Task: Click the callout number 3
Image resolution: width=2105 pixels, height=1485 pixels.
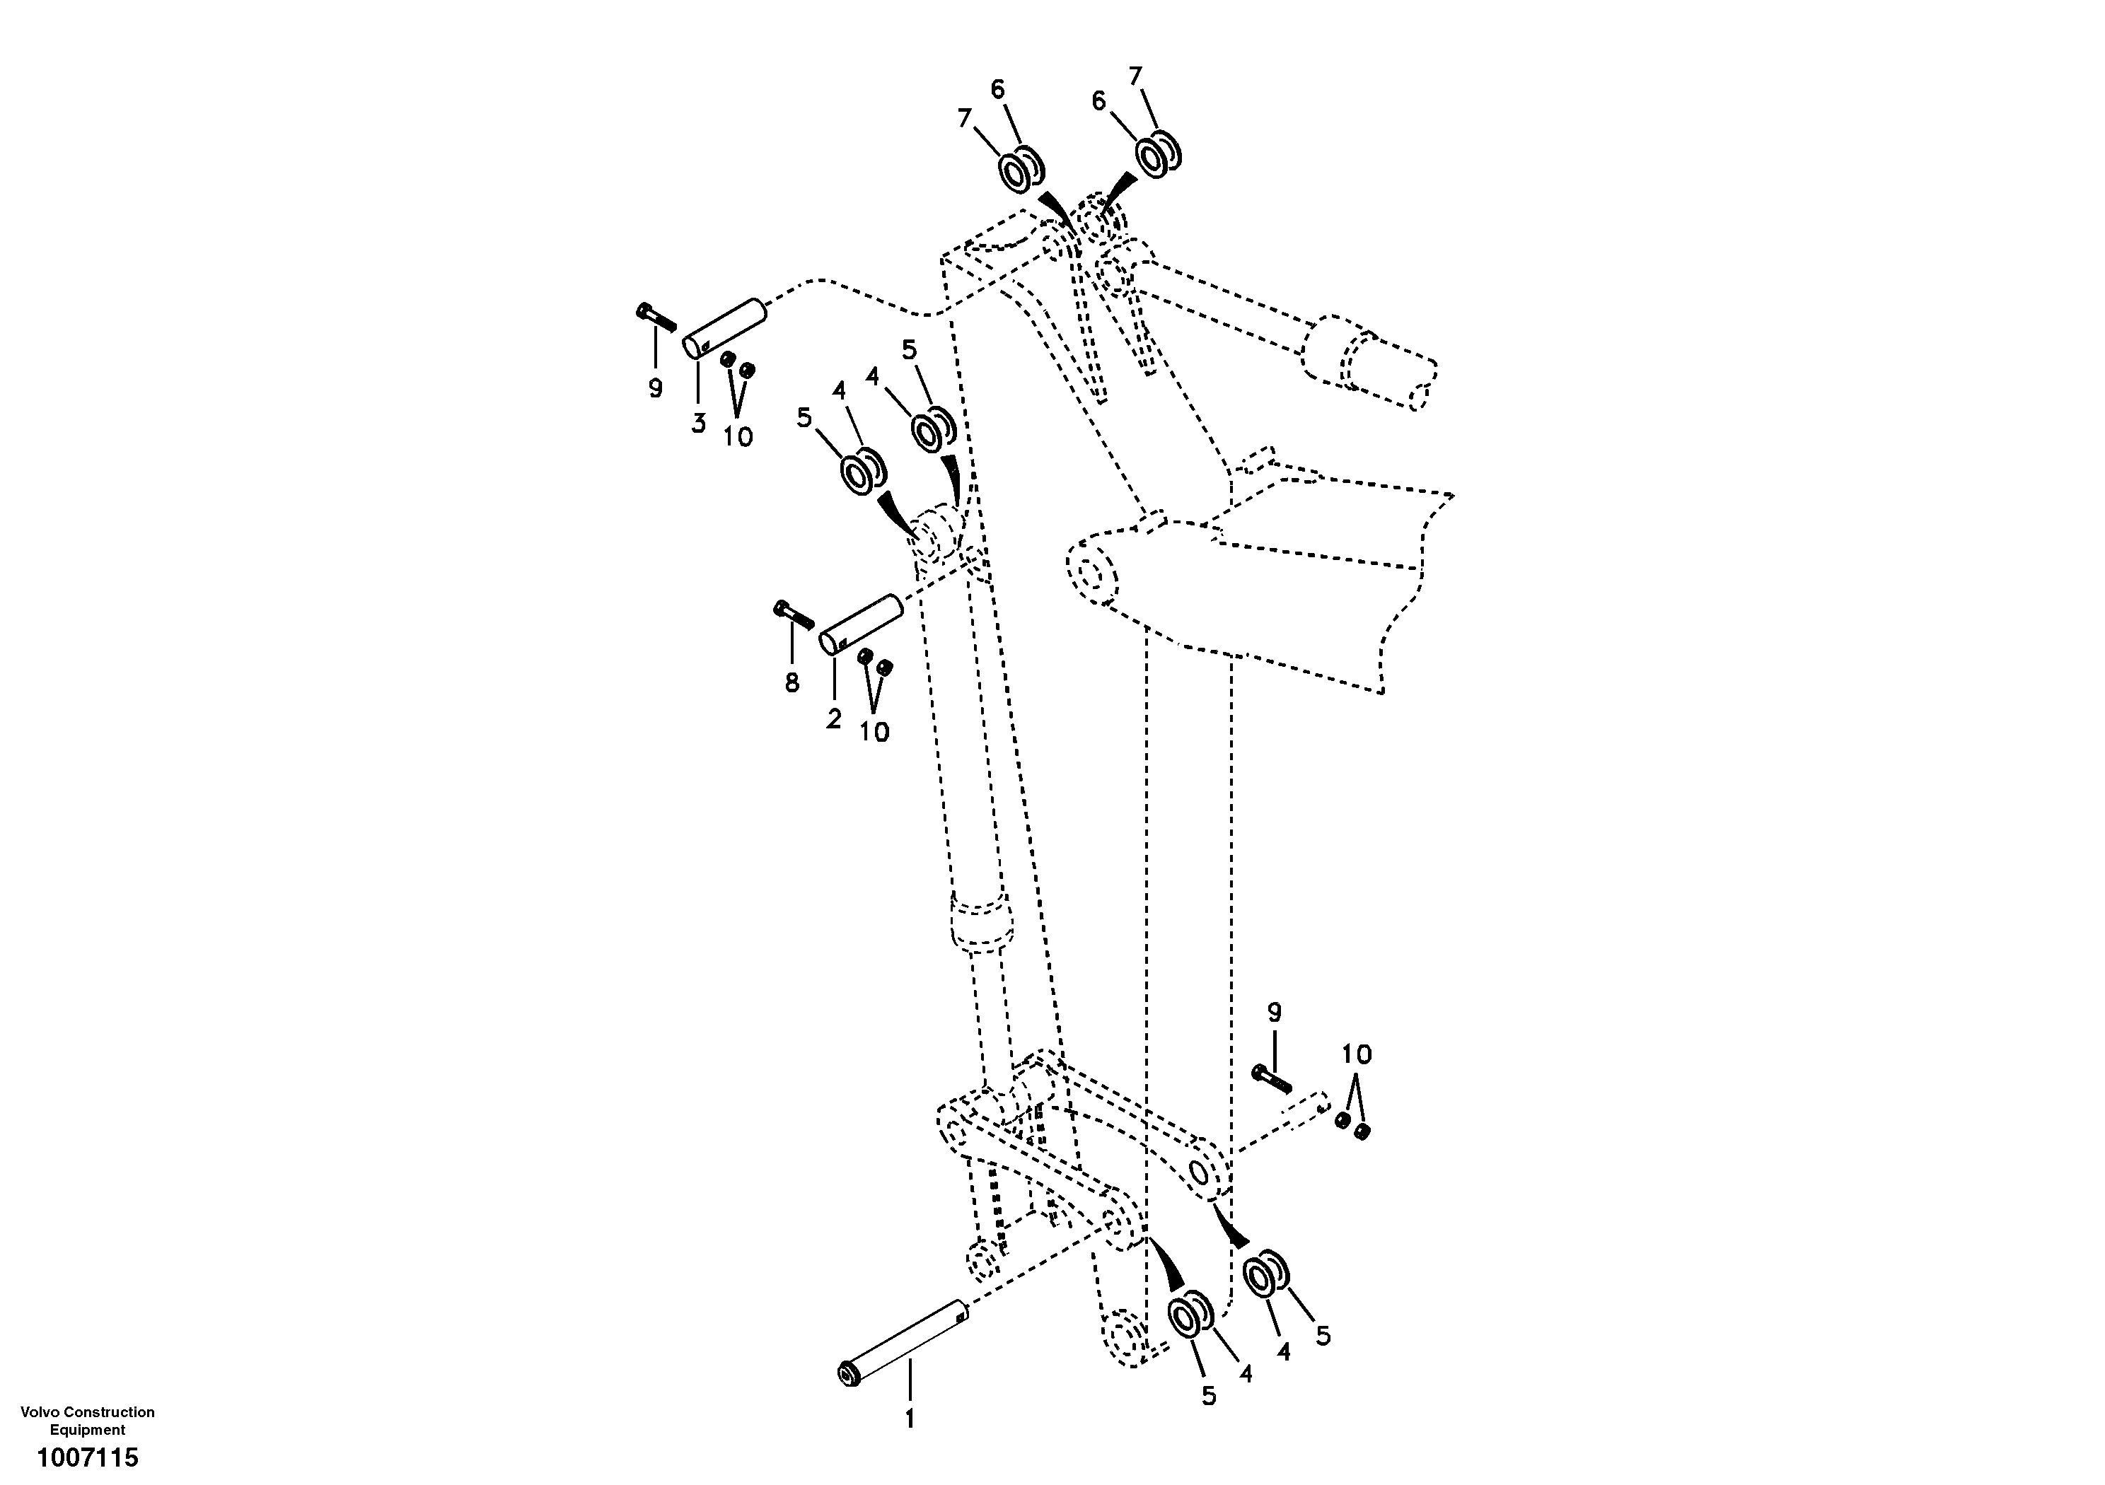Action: click(699, 424)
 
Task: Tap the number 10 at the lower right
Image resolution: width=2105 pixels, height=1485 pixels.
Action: click(1357, 1054)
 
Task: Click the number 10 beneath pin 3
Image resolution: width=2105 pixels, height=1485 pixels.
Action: click(737, 437)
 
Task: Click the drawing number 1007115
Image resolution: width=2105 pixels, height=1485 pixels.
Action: click(87, 1457)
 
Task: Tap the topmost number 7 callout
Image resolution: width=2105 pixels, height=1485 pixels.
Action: click(1136, 76)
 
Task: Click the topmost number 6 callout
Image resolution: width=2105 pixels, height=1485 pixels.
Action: click(997, 89)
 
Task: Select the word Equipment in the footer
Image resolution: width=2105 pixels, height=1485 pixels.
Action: click(87, 1430)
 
